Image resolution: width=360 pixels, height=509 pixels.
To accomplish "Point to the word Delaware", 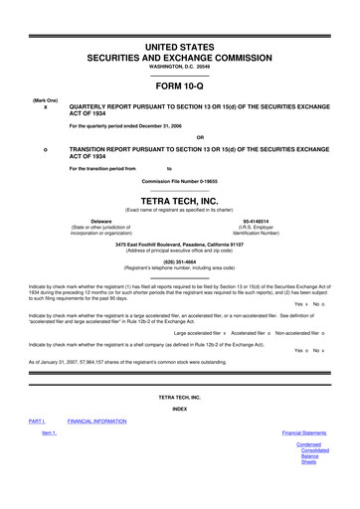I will coord(100,221).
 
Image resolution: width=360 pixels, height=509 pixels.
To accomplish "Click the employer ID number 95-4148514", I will coord(259,221).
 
